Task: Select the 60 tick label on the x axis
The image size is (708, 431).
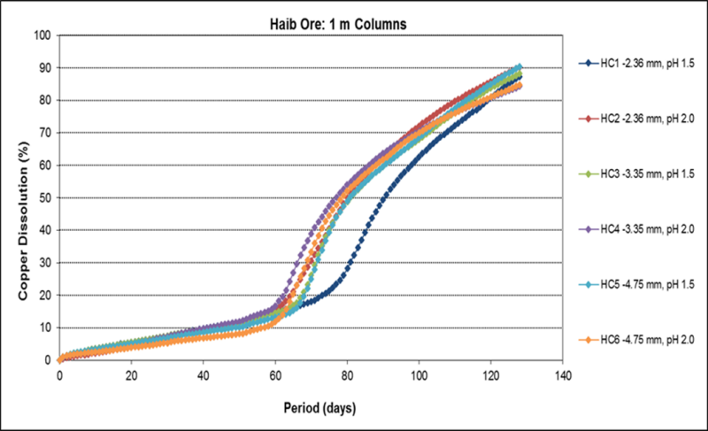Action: coord(275,373)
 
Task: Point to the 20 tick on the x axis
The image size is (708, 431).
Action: coord(131,373)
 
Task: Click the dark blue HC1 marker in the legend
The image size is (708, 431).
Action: coord(585,63)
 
